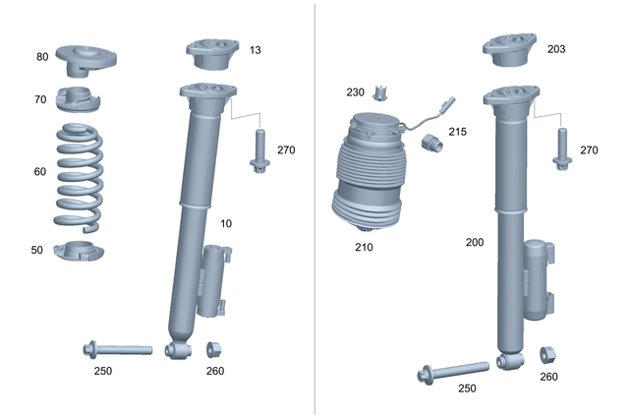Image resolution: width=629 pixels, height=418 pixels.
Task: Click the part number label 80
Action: tap(42, 57)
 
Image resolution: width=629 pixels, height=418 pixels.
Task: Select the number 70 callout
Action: tap(40, 99)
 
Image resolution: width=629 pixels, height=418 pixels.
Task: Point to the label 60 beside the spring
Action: tap(39, 171)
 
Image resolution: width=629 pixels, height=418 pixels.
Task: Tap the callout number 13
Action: tap(256, 49)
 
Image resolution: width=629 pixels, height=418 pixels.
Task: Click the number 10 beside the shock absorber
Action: tap(226, 223)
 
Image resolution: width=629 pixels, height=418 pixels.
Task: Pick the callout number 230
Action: tap(355, 92)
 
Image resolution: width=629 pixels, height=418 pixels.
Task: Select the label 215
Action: tap(458, 131)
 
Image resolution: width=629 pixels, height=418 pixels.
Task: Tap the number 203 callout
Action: tap(556, 48)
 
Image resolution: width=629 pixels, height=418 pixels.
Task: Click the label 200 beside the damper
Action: tap(476, 240)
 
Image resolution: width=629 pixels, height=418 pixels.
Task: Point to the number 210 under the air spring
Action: tap(365, 247)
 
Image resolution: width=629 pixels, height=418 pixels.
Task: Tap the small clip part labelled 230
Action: tap(382, 93)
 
